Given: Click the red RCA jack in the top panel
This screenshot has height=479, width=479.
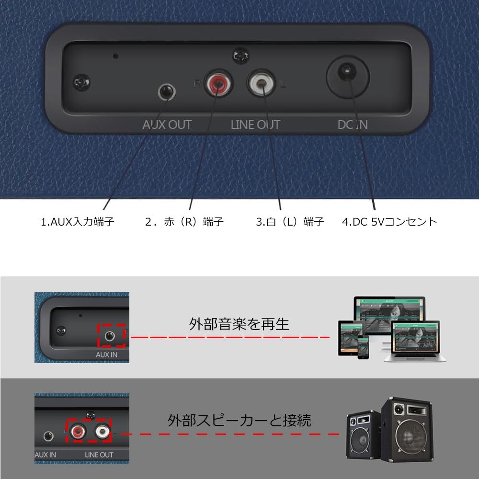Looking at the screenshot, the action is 218,82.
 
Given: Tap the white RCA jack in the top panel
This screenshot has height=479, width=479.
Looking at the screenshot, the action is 261,82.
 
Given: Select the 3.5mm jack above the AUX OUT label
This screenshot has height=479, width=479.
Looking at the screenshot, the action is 167,92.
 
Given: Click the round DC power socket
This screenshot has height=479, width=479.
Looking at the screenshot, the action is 348,77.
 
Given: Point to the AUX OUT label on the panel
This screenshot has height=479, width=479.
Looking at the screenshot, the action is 167,125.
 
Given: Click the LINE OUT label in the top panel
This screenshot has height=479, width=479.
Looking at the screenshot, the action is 255,125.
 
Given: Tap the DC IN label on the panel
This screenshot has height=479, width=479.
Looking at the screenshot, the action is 353,125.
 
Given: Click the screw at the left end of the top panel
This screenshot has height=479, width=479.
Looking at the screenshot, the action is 81,82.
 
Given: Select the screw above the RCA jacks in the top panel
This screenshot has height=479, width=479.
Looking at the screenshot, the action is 241,56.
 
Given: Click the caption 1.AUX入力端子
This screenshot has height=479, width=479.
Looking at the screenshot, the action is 78,221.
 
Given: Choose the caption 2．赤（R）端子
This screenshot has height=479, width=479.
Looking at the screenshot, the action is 184,221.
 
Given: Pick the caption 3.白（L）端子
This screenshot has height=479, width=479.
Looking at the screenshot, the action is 290,221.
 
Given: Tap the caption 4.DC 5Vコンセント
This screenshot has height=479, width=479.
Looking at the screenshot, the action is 389,221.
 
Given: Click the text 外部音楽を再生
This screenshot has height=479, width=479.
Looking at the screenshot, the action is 239,324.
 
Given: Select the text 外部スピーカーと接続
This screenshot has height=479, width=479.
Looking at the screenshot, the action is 239,421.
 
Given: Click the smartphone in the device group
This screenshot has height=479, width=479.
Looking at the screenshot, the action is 363,347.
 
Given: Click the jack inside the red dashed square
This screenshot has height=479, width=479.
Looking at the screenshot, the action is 109,336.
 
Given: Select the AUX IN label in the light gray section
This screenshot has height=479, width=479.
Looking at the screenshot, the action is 106,354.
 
